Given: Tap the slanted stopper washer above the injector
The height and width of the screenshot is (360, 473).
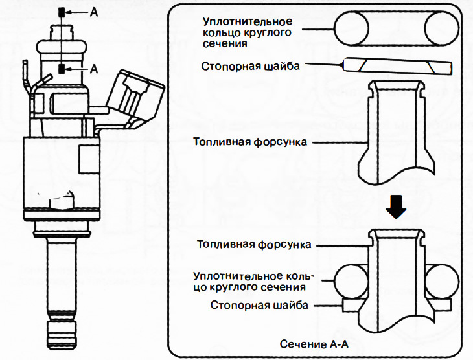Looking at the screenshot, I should (395, 67).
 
